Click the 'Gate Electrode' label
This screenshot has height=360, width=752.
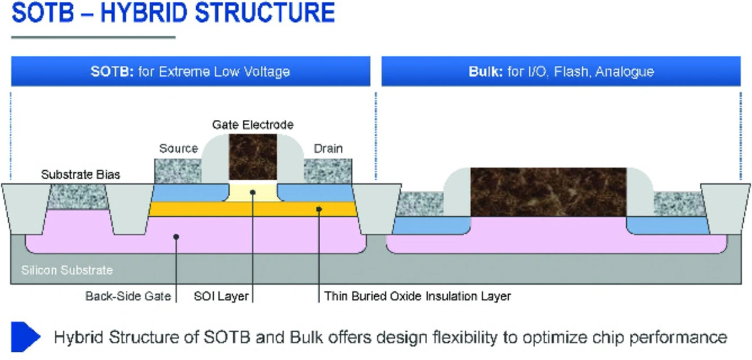[253, 125]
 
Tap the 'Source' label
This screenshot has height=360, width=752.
[179, 149]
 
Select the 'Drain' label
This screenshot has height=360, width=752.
[328, 149]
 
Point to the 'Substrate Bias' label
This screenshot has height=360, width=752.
[80, 174]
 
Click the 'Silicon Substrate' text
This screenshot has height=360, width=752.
[67, 270]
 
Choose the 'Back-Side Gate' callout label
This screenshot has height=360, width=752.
[128, 296]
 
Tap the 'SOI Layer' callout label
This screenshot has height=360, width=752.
[221, 296]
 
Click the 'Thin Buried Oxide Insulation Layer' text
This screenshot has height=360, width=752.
[417, 296]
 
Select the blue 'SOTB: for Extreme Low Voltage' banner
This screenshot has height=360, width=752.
[191, 71]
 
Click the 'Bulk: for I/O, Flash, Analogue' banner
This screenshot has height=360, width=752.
[561, 71]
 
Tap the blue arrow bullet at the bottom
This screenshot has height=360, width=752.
[25, 337]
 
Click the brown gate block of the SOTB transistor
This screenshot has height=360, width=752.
[253, 157]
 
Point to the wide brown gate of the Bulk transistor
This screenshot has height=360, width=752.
[548, 192]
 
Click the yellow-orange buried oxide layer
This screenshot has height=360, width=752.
[253, 209]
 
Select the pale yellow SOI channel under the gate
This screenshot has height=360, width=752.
[253, 193]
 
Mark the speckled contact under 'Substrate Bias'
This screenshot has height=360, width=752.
[78, 197]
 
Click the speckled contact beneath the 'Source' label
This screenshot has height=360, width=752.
[178, 171]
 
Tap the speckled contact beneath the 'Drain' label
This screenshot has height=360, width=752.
[328, 171]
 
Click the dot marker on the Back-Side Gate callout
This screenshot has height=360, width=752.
[176, 237]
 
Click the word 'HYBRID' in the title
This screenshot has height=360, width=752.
[144, 12]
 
